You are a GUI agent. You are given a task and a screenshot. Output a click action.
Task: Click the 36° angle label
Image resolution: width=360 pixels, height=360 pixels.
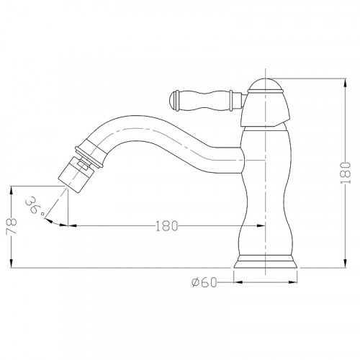pos(35,205)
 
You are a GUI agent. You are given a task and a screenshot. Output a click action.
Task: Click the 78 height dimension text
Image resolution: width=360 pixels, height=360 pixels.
pos(12,226)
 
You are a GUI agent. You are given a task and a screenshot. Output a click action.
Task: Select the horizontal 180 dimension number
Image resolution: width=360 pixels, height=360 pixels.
pos(167,226)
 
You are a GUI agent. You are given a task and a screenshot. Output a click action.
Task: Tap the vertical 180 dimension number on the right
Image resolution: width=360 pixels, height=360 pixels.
pos(346,173)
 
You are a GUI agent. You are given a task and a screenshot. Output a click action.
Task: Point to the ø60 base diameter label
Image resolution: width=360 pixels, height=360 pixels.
pos(204,282)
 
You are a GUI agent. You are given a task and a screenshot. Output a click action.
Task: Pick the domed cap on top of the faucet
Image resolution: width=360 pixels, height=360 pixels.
pos(266,85)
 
